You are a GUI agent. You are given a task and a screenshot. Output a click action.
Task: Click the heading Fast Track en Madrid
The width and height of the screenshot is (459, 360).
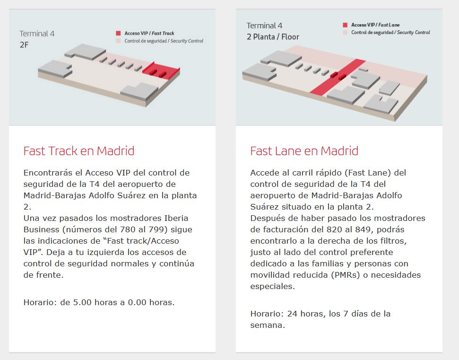79,151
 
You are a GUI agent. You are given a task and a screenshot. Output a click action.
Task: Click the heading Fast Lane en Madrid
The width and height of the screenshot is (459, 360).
304,151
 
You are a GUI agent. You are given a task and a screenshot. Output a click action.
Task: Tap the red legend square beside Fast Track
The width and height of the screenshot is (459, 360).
118,34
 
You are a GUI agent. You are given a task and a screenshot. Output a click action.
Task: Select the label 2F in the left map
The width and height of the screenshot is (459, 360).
24,45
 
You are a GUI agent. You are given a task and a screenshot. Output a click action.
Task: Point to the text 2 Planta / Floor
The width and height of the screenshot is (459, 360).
273,36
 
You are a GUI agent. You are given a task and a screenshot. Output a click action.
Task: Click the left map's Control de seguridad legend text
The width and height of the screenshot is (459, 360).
164,41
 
